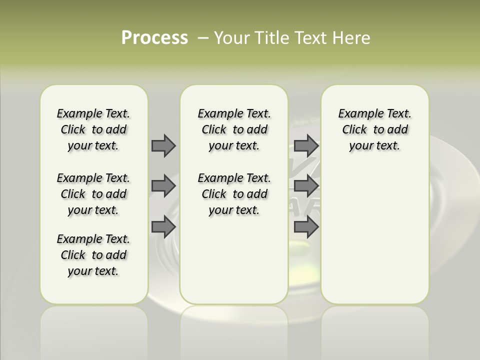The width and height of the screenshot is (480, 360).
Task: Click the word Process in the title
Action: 154,38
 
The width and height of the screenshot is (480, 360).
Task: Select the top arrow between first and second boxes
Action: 163,145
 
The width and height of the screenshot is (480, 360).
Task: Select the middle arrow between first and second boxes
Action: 163,186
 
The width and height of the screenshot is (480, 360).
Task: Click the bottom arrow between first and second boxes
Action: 163,226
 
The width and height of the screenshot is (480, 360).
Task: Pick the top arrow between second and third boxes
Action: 306,145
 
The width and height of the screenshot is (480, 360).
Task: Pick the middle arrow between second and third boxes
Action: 306,186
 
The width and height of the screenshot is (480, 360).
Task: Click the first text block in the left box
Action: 93,129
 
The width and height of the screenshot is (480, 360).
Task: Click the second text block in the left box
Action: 93,194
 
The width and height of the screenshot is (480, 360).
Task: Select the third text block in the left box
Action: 93,255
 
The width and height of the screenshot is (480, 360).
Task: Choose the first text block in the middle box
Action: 234,129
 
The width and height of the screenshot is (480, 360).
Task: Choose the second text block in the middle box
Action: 234,194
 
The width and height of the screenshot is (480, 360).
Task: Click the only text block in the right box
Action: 374,129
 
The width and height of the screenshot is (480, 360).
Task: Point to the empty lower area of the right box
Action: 374,235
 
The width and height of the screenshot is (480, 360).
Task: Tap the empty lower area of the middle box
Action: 234,260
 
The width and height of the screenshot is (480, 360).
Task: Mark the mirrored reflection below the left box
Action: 93,330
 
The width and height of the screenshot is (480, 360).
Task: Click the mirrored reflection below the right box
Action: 374,330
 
